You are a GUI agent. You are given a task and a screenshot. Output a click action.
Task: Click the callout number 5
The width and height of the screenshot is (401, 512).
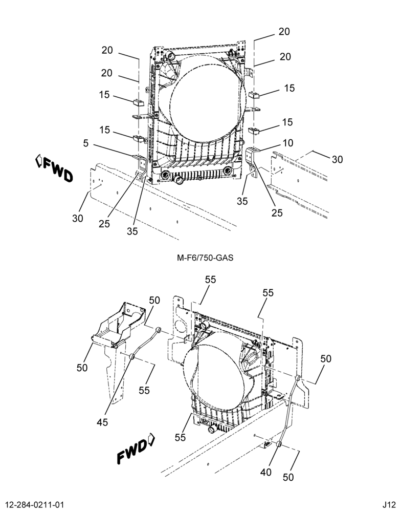coord(86,143)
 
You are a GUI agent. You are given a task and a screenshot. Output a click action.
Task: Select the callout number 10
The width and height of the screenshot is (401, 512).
coord(288,143)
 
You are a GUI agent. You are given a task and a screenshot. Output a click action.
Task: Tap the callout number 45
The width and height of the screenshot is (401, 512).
coord(102,422)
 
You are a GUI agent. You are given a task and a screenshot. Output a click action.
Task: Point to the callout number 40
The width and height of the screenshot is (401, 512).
coord(266,472)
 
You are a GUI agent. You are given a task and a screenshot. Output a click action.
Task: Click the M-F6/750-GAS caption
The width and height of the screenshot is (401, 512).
coord(205,258)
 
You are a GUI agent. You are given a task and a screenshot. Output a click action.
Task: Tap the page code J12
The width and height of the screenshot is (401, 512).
coord(389,504)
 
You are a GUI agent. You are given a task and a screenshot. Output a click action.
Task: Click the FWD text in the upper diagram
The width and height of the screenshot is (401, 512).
coord(58,169)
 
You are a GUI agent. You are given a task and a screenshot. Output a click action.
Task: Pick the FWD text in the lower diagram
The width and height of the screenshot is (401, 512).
coord(132,452)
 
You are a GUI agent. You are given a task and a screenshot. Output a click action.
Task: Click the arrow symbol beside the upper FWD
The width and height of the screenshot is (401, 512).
coord(38,161)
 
